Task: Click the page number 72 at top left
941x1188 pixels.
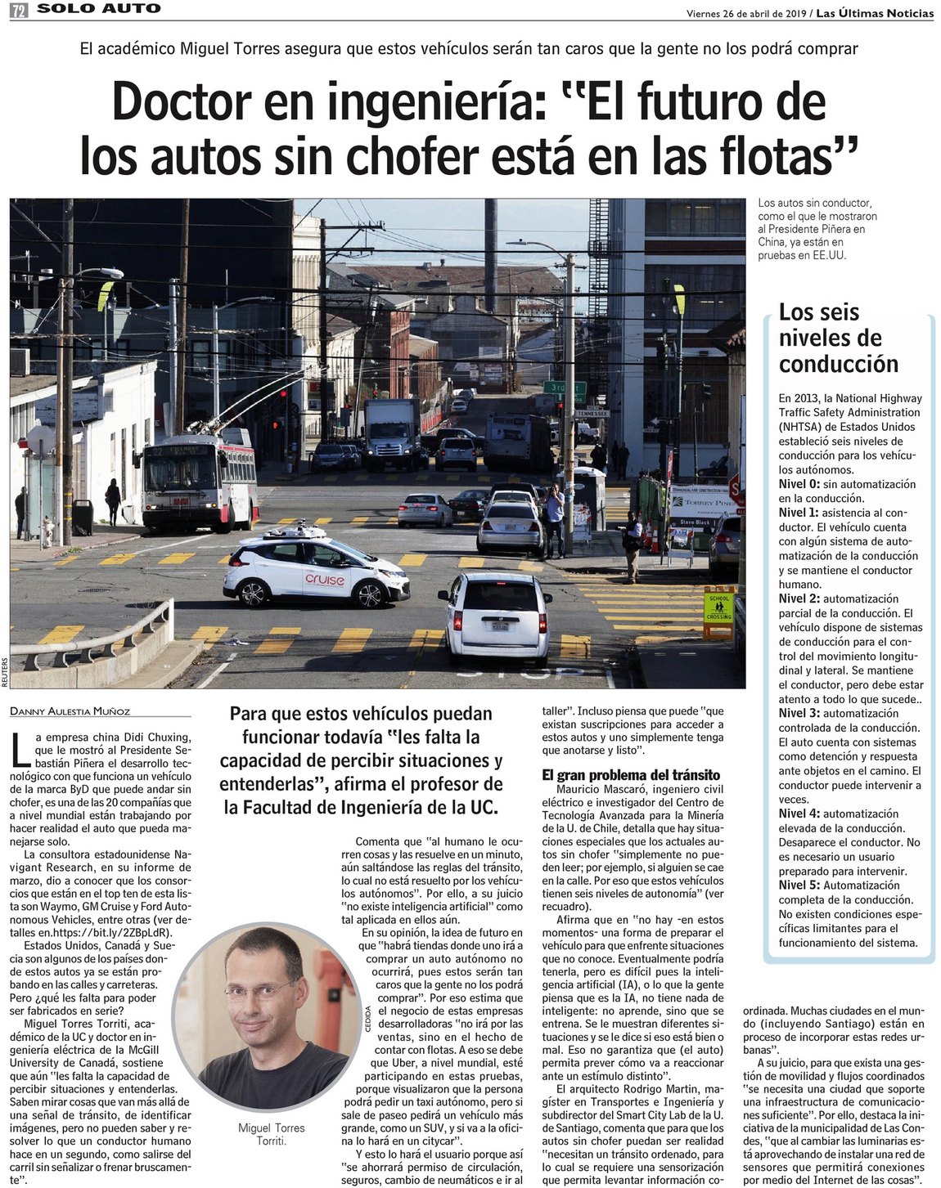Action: pos(18,10)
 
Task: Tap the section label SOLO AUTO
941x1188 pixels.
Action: pos(99,9)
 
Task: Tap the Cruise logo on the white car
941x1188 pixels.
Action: pos(325,580)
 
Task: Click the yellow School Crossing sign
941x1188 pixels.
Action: pos(719,609)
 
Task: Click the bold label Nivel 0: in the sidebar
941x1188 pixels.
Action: pos(799,485)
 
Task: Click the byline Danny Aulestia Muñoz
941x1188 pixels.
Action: pos(70,711)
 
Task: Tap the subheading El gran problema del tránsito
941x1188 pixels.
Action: pos(631,775)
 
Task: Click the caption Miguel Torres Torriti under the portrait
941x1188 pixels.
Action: pos(271,1134)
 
